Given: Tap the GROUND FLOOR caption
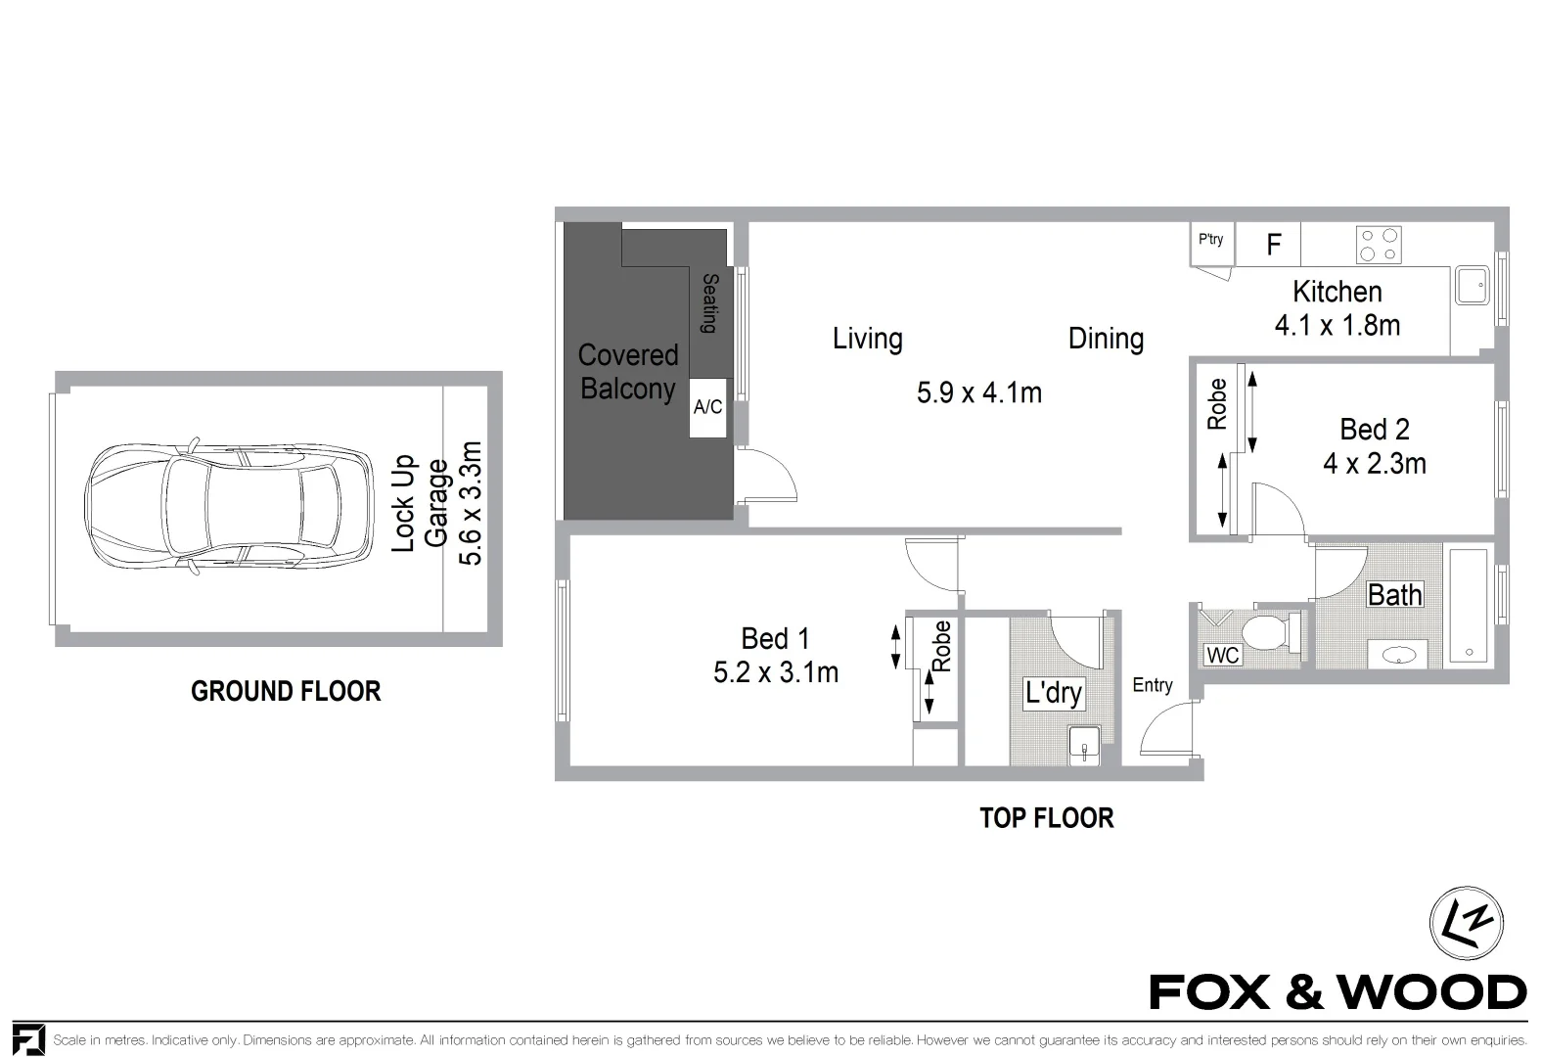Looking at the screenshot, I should (x=286, y=692).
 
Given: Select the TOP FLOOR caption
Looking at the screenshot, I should (x=1046, y=818).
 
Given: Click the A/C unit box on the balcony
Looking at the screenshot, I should (x=707, y=407).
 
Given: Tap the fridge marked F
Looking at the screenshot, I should (x=1273, y=245).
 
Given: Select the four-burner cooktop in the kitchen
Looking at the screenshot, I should (x=1379, y=245).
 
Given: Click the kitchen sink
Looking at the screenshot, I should (x=1470, y=286).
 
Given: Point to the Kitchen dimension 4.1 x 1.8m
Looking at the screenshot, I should (x=1337, y=326).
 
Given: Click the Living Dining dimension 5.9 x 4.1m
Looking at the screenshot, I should (x=978, y=393).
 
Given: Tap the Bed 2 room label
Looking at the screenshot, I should (x=1374, y=430).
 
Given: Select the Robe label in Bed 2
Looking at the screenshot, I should (x=1217, y=404).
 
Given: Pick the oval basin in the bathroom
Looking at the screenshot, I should (x=1397, y=655).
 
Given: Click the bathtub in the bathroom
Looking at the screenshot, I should (x=1469, y=607).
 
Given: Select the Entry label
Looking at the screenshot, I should (x=1152, y=685).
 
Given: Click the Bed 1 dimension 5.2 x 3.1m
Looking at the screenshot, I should (x=776, y=673).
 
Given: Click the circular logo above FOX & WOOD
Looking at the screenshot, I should (x=1466, y=924).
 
